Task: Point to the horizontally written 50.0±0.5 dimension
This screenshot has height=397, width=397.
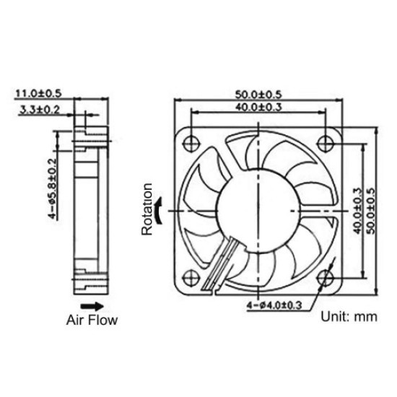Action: [x=258, y=95]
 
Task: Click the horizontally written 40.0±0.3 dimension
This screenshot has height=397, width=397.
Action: [x=258, y=108]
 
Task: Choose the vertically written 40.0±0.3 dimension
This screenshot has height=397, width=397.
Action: [x=357, y=209]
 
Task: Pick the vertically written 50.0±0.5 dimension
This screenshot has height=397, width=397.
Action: [x=371, y=209]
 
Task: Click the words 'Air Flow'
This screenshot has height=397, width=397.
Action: [x=92, y=319]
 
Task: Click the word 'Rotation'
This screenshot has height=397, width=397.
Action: [x=147, y=209]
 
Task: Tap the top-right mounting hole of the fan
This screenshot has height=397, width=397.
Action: [x=326, y=139]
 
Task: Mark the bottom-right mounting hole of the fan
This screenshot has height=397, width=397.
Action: [x=326, y=277]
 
